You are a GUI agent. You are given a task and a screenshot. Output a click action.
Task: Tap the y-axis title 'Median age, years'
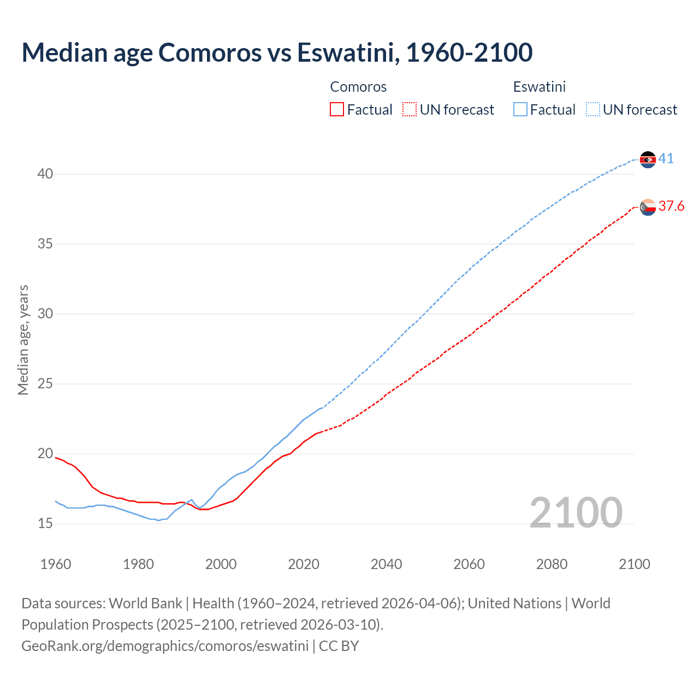(23, 340)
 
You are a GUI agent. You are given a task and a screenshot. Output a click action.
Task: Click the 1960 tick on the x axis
(56, 564)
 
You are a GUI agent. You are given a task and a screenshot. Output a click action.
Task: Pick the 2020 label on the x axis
(304, 564)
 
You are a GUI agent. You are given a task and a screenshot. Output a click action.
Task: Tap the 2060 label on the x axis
(469, 564)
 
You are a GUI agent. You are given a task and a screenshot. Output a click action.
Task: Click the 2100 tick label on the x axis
(634, 564)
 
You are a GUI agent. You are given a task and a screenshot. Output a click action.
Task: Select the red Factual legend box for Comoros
(337, 110)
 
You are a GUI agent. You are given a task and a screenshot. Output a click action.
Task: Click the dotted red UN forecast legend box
(410, 110)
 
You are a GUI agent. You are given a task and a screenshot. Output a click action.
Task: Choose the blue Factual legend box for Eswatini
(520, 110)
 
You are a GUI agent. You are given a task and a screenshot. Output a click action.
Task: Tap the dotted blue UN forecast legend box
(593, 110)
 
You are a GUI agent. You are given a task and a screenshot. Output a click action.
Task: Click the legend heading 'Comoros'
(358, 87)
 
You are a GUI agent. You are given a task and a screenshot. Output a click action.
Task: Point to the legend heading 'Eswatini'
(540, 87)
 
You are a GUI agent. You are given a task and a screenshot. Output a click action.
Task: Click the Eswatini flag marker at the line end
(648, 159)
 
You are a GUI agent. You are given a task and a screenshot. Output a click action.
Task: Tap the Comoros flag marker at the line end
(648, 207)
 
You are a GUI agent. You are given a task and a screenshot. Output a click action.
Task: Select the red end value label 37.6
(671, 206)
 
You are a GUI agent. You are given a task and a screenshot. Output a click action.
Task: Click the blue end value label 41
(666, 159)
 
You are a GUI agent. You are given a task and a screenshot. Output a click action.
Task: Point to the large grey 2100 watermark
(576, 512)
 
